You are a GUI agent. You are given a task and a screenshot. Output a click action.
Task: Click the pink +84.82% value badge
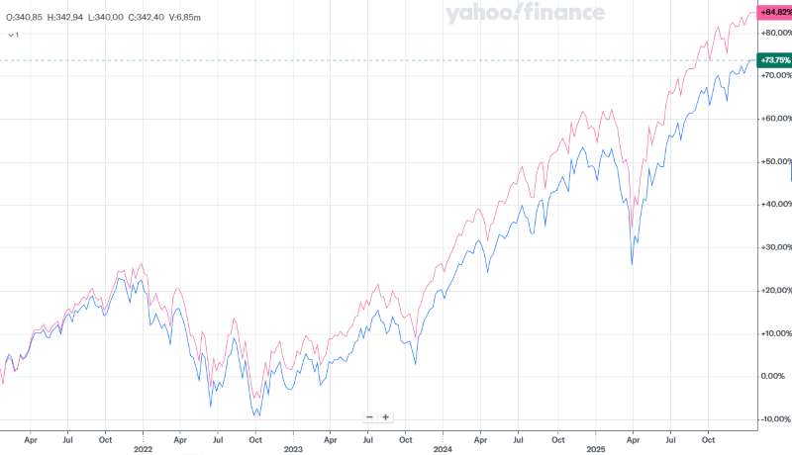point(774,12)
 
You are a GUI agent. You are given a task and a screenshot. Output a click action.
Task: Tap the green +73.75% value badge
point(774,60)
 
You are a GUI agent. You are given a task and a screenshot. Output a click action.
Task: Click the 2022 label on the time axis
point(143,447)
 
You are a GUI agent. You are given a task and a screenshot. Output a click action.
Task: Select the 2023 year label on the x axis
point(293,447)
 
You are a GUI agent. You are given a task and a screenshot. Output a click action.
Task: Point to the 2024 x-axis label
point(444,447)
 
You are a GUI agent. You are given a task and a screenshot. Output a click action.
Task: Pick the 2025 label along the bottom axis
point(595,447)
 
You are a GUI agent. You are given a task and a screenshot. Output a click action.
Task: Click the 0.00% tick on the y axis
point(774,376)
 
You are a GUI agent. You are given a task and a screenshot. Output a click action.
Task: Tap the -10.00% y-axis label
point(774,418)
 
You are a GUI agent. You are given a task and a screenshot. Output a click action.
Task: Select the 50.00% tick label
point(774,161)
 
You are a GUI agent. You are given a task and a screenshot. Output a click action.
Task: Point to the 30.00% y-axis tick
point(774,247)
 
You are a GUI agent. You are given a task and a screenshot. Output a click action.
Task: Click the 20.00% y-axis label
point(774,290)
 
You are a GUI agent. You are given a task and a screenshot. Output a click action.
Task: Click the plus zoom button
point(386,417)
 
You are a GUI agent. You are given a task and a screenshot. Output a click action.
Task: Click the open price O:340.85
point(22,17)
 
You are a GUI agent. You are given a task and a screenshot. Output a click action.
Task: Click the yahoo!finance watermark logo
point(525,13)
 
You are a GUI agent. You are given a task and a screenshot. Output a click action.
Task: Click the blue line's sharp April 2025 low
point(633,264)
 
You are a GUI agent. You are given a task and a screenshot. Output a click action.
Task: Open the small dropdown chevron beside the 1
point(10,35)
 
